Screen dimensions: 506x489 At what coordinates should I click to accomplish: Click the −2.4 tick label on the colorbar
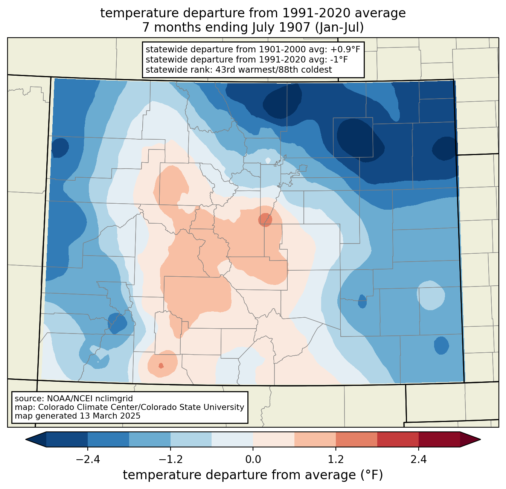coord(88,460)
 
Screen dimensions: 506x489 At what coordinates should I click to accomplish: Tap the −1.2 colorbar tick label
coord(171,460)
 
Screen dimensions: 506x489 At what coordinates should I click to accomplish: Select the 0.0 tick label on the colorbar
coord(253,460)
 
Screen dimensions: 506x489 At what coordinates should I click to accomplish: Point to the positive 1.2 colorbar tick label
coord(336,460)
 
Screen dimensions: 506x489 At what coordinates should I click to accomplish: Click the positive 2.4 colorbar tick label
coord(419,460)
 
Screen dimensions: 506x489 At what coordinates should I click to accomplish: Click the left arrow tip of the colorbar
coord(26,440)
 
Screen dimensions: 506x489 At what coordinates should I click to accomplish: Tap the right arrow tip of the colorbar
coord(481,440)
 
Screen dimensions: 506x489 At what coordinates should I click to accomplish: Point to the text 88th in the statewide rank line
coord(260,70)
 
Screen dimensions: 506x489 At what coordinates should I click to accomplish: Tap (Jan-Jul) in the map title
coord(339,27)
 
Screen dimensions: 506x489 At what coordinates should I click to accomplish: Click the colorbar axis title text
coord(253,475)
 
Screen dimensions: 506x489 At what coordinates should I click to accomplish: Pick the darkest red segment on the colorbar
coord(439,440)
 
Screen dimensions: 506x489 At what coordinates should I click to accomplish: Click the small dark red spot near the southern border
coord(161,366)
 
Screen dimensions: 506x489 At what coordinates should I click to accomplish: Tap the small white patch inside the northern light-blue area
coord(268,160)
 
